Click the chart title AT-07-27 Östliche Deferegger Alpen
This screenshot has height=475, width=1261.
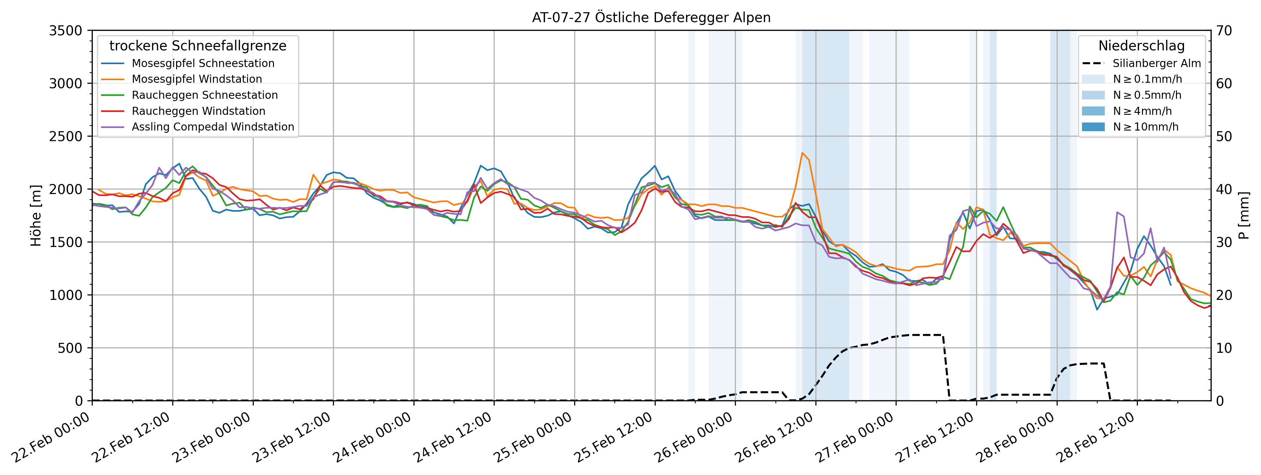651,18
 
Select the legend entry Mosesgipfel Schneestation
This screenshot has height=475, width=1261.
203,64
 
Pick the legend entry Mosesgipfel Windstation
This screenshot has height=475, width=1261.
197,79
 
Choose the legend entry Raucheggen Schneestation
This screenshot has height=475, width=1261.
205,95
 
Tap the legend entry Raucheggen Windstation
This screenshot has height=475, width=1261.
198,111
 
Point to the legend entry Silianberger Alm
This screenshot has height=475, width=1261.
1156,64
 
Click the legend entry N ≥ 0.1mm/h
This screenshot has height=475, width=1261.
1147,79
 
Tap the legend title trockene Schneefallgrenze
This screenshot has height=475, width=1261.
198,46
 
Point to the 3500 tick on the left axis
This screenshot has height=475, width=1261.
65,31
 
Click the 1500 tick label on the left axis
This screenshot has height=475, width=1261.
65,242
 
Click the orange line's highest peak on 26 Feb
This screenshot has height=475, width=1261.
802,153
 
